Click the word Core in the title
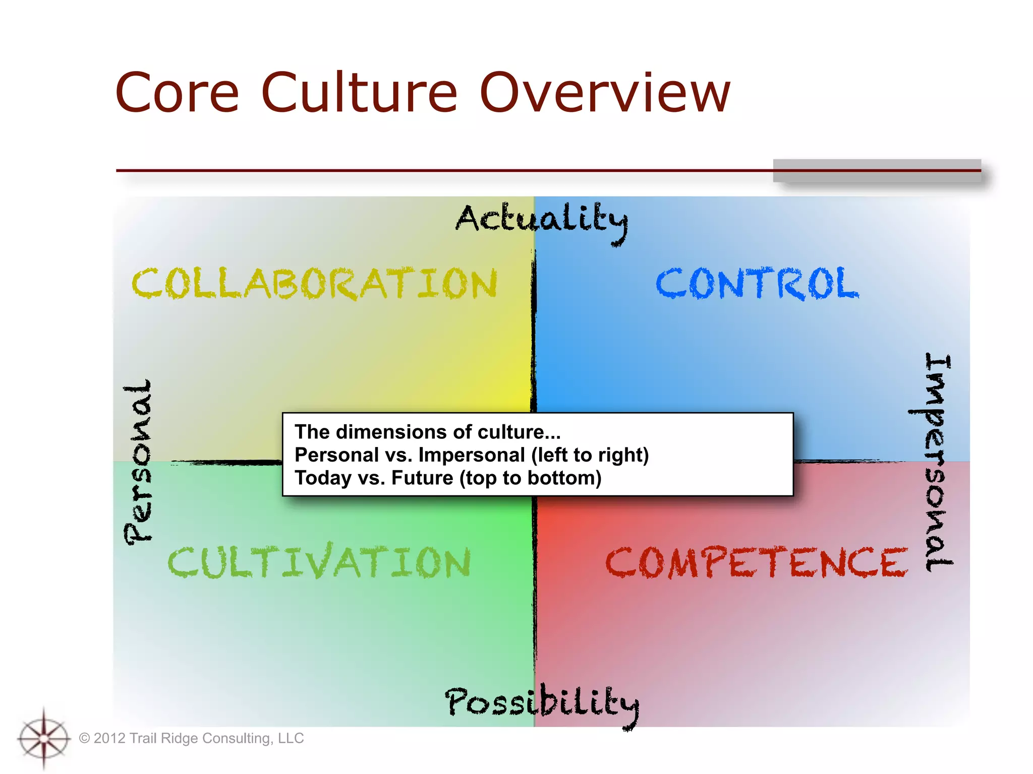[177, 93]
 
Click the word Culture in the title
[359, 93]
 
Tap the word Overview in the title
[604, 93]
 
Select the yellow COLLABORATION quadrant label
[315, 284]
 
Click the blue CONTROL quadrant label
[757, 284]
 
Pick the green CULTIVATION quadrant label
[319, 562]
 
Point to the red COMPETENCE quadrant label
[756, 562]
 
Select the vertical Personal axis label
[138, 461]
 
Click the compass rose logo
[44, 738]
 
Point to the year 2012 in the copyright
[109, 738]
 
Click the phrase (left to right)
[590, 455]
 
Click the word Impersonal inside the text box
[472, 455]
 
